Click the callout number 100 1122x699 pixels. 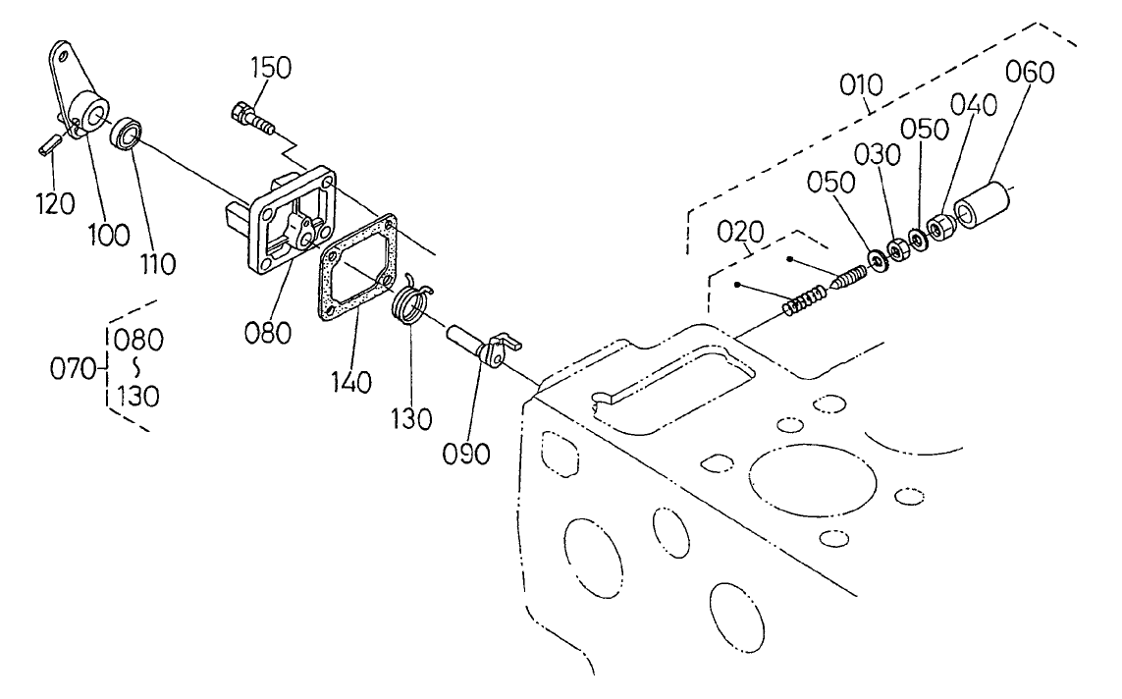point(109,234)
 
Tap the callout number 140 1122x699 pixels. point(350,380)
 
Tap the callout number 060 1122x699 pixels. point(1028,73)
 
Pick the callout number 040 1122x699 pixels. point(974,105)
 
